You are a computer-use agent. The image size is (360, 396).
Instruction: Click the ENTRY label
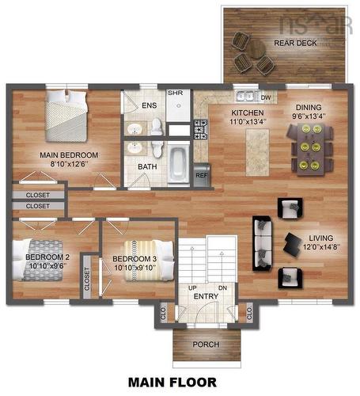click(x=206, y=296)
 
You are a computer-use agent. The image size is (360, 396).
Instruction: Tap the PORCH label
click(x=206, y=345)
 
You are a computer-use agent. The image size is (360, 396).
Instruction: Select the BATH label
click(x=146, y=168)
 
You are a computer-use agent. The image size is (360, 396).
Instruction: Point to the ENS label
click(x=149, y=105)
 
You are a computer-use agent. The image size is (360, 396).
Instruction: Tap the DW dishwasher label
click(x=266, y=98)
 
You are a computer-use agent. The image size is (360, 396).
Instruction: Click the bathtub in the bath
click(x=179, y=163)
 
